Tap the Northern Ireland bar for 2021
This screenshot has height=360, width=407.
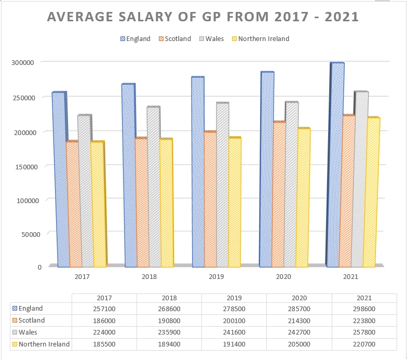(x=371, y=192)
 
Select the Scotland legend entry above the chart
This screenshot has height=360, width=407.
(x=174, y=38)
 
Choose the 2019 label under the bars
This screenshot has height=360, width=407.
(x=216, y=277)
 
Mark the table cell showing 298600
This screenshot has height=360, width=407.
(x=364, y=309)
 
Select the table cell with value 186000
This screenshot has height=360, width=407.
(x=104, y=321)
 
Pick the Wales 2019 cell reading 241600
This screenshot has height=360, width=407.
(x=234, y=332)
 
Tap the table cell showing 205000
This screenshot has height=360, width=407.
(x=300, y=344)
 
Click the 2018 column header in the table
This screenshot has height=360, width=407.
(x=169, y=298)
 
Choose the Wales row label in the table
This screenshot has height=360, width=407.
(x=28, y=332)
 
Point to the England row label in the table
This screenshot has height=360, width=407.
(x=31, y=309)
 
